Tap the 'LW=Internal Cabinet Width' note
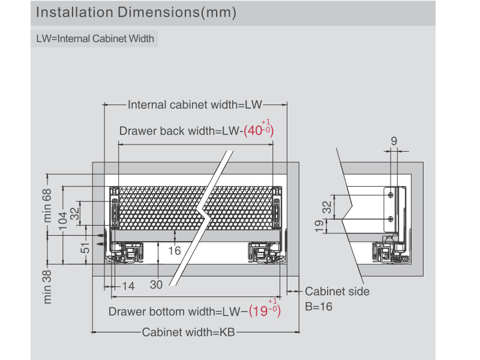tap(95, 40)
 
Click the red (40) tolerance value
tap(259, 130)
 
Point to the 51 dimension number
tap(85, 247)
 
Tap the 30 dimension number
tap(156, 286)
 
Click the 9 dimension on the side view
tap(394, 141)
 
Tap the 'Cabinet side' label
tap(337, 292)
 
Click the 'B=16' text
tap(319, 307)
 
